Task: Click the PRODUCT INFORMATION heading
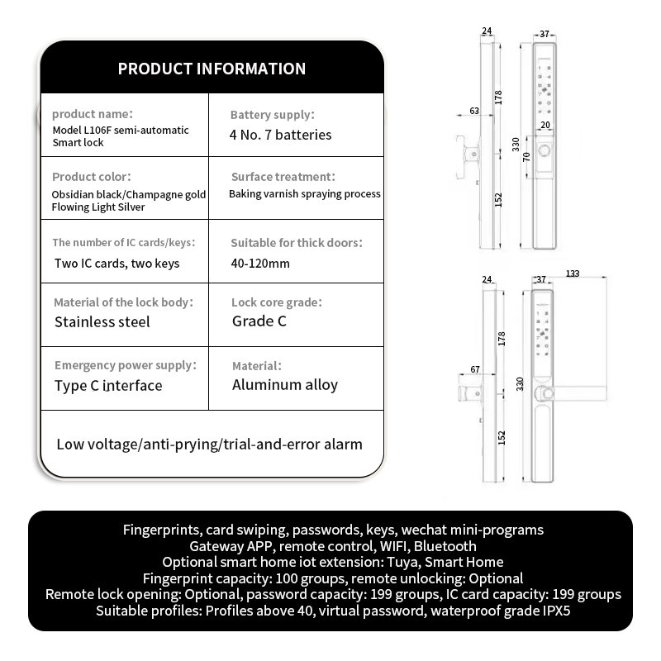[212, 69]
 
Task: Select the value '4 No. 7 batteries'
[280, 134]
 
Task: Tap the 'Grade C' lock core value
[259, 321]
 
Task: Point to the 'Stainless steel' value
[102, 321]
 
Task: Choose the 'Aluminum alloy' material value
[284, 384]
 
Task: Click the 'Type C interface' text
[108, 385]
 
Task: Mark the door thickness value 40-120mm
[260, 264]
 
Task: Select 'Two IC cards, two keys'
[117, 264]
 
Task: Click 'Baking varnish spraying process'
[305, 194]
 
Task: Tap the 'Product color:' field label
[91, 177]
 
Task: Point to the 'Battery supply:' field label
[272, 115]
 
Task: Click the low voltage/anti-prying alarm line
[209, 445]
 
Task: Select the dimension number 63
[474, 110]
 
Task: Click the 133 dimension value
[573, 274]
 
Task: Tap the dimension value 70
[526, 157]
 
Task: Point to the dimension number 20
[544, 125]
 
